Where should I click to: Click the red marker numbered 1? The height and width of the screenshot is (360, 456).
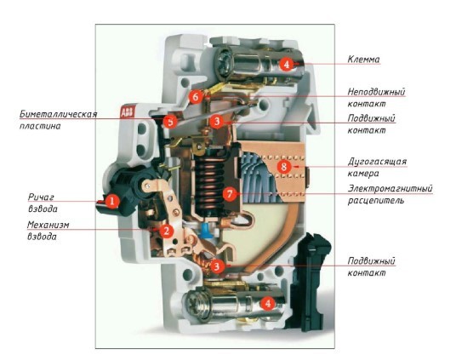(x=111, y=201)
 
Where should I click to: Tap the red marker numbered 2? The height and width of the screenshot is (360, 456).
(x=168, y=230)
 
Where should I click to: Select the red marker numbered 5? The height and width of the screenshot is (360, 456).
(x=171, y=122)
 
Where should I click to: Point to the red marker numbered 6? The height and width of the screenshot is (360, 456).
(x=196, y=97)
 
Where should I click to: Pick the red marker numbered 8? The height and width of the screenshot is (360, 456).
(x=283, y=167)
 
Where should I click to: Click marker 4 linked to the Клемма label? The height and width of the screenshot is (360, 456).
(x=287, y=64)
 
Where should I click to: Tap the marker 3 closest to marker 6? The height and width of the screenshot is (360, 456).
(x=218, y=122)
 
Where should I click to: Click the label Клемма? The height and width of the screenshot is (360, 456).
(x=363, y=60)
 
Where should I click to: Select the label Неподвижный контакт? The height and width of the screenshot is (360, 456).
(x=376, y=96)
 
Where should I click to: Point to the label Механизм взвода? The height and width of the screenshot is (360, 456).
(x=48, y=230)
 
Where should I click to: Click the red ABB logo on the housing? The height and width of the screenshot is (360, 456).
(x=126, y=112)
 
